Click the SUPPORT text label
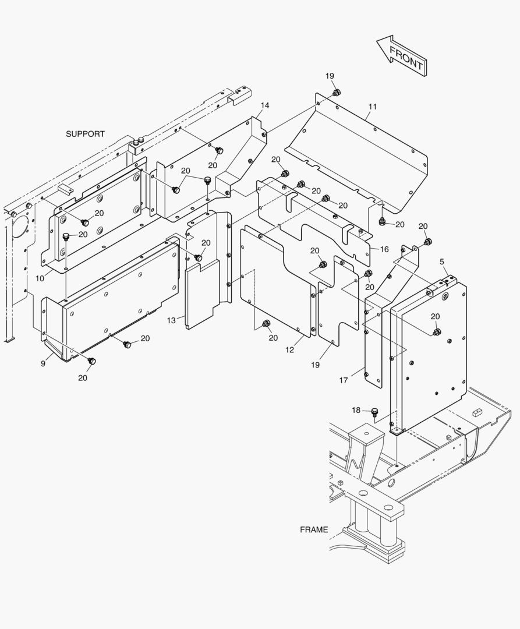pos(85,134)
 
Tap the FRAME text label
pos(314,529)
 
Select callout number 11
pos(373,107)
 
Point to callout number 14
pos(265,105)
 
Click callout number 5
pos(442,262)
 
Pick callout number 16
pos(384,249)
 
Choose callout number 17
pos(344,380)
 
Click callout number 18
pos(356,410)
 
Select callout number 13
pos(171,320)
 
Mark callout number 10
pos(40,278)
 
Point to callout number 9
pos(43,364)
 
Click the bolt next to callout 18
pos(374,413)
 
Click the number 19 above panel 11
pos(330,76)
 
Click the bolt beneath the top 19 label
pos(337,93)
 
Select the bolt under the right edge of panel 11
pos(382,222)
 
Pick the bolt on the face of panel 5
pos(437,332)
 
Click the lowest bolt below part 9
pos(91,362)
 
